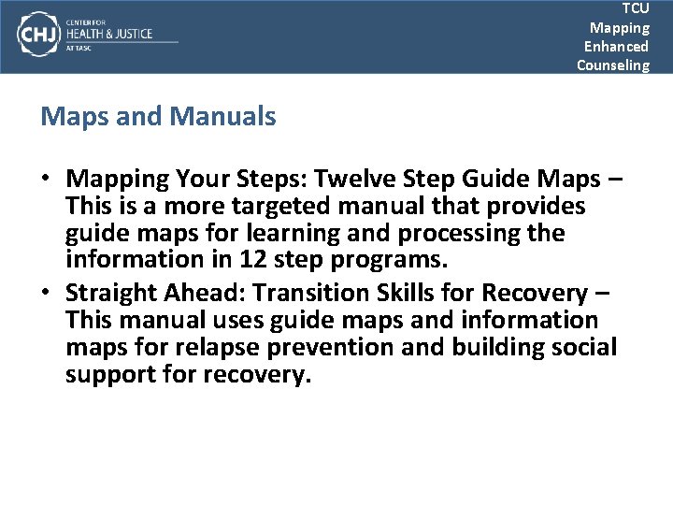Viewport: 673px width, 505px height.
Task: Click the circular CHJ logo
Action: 36,35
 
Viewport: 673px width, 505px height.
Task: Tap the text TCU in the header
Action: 636,8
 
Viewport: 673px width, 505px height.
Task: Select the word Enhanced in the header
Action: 616,46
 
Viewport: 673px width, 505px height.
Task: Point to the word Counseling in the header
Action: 612,65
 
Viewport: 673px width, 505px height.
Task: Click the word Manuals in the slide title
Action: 224,117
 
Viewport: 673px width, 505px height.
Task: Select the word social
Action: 585,348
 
